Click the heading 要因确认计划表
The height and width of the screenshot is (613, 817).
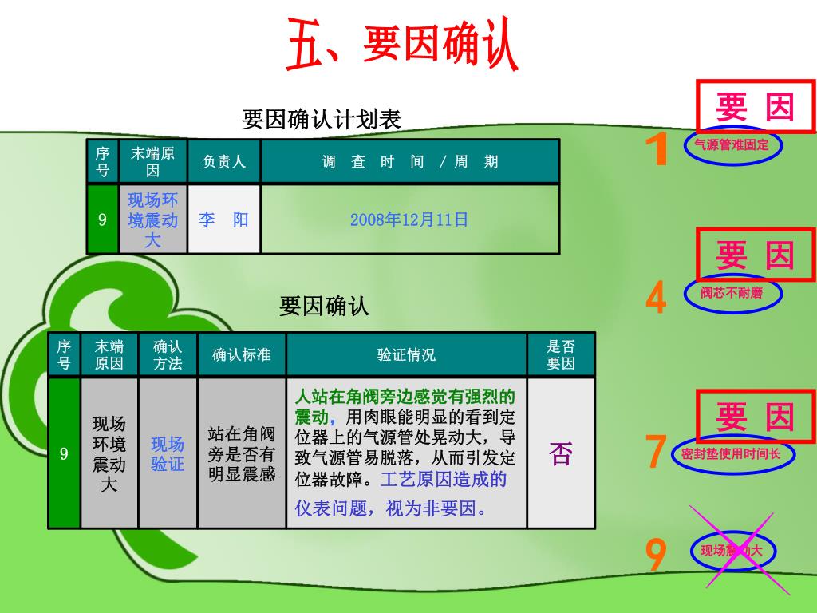(322, 120)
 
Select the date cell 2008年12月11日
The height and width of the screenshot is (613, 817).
(409, 219)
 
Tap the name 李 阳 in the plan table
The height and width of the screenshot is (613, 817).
(223, 219)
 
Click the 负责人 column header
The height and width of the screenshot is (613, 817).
(223, 161)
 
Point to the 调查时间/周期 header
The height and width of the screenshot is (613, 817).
(409, 161)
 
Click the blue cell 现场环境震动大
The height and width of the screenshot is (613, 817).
(152, 219)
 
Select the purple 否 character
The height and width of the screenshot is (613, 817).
(561, 453)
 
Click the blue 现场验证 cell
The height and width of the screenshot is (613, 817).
(168, 453)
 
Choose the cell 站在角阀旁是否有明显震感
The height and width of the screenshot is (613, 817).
(241, 453)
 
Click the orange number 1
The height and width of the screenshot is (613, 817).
(657, 150)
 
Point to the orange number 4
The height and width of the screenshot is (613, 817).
(656, 298)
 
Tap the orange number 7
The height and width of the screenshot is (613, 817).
(655, 453)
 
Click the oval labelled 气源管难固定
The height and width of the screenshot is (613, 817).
(732, 145)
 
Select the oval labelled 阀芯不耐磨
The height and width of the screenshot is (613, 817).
(732, 293)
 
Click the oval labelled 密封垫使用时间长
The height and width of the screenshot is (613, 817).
(732, 453)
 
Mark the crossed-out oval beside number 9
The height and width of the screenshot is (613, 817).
(732, 551)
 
